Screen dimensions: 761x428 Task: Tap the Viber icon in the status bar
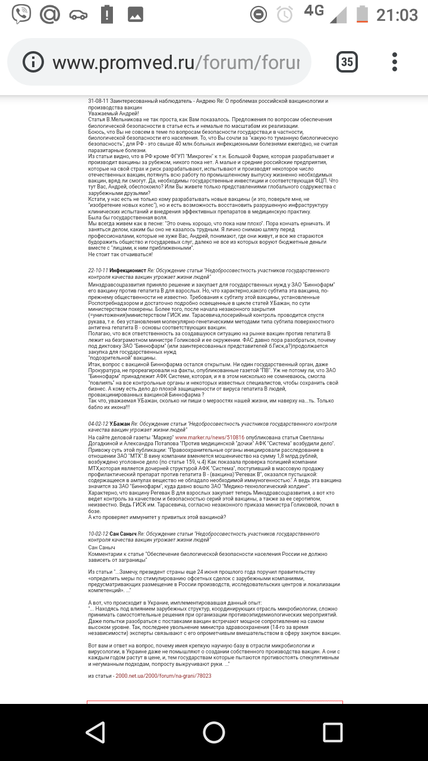click(x=21, y=14)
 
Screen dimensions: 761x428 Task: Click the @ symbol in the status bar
click(x=50, y=14)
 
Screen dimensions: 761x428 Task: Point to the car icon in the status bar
click(x=78, y=14)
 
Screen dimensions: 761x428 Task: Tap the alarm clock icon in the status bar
click(x=285, y=14)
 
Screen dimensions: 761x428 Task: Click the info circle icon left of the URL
click(x=33, y=62)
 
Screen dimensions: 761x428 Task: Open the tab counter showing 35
click(x=347, y=61)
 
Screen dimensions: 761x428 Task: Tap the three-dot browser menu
click(x=395, y=61)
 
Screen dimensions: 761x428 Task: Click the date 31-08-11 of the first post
click(x=97, y=101)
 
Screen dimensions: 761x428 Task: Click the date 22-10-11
click(x=97, y=270)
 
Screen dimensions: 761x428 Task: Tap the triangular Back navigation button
click(x=95, y=732)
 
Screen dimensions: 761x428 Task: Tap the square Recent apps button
click(x=332, y=732)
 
